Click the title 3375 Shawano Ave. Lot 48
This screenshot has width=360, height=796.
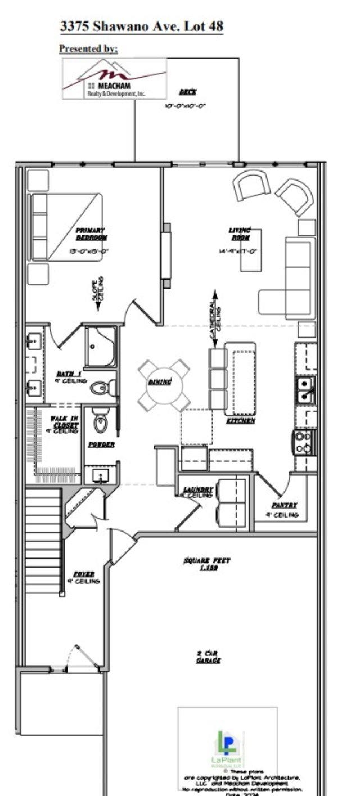[x=141, y=26]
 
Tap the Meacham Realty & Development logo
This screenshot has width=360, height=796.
[x=114, y=79]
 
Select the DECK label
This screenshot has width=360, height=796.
[x=187, y=92]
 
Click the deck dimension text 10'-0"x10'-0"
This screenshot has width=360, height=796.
[x=185, y=105]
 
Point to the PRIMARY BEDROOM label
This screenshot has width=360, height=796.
[x=91, y=233]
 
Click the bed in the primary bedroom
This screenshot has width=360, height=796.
[x=66, y=227]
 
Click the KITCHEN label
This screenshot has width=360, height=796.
[x=241, y=420]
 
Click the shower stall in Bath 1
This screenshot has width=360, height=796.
[x=101, y=347]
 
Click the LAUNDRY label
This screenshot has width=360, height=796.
[x=198, y=491]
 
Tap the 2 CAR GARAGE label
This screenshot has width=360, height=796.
[x=208, y=656]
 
